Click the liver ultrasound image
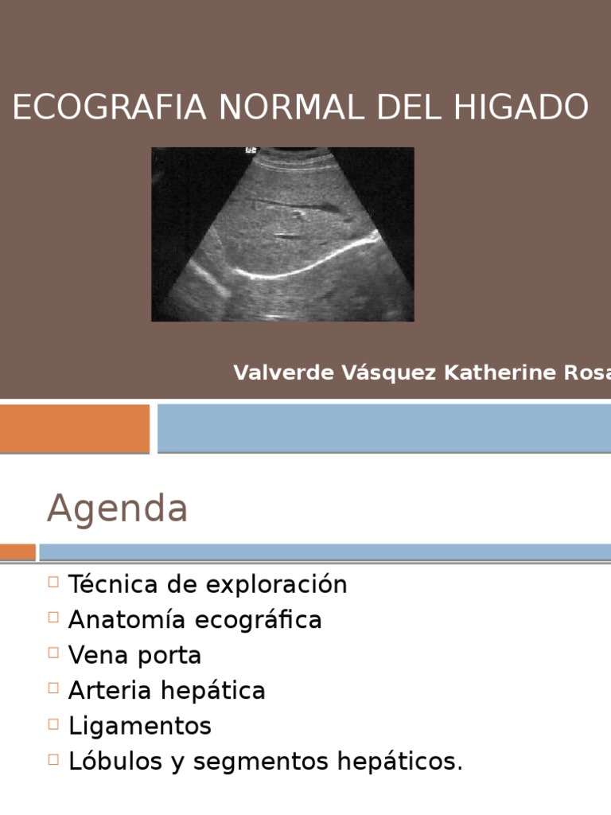[x=282, y=234]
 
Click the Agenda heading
[x=117, y=509]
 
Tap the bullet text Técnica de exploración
[x=208, y=584]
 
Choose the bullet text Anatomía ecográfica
[x=195, y=620]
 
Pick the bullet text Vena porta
[x=134, y=656]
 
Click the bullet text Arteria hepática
[x=166, y=691]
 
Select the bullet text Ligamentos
[x=140, y=726]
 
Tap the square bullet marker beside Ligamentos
[x=53, y=723]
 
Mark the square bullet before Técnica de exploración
[x=53, y=582]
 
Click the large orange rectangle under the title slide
[x=74, y=427]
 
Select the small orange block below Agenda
[x=18, y=552]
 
